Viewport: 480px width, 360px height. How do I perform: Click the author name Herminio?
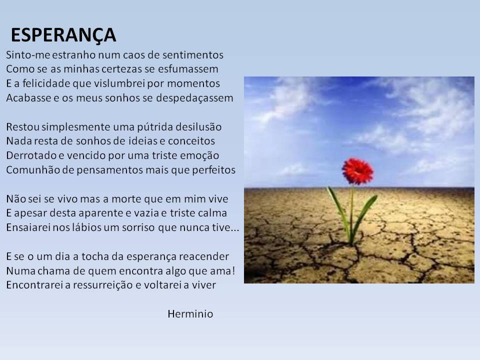click(190, 314)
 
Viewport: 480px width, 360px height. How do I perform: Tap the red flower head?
click(357, 171)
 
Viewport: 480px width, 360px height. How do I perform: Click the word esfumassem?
click(188, 69)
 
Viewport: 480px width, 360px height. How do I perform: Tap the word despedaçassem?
click(194, 98)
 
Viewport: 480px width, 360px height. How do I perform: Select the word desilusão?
click(198, 126)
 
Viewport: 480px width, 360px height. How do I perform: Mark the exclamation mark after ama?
click(233, 271)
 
